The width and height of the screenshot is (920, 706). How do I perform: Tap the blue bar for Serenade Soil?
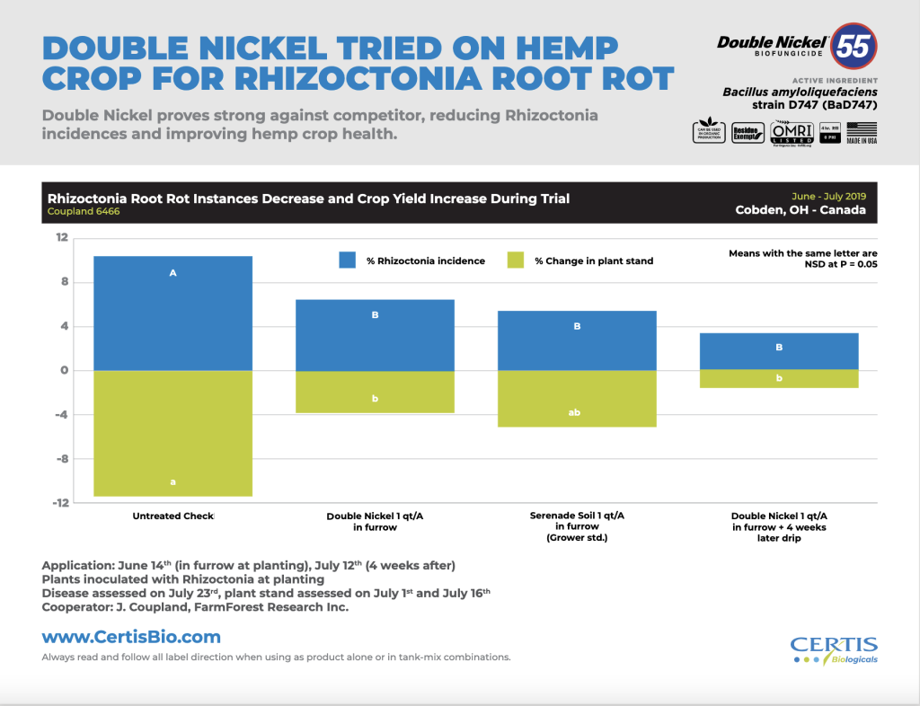coord(577,341)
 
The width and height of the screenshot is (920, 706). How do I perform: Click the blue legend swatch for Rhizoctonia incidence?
coord(349,260)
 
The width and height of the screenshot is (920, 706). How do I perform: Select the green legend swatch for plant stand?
coord(515,260)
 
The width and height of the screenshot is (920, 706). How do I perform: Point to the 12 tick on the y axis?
coord(62,238)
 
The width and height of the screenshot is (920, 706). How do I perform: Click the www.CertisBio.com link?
coord(131,638)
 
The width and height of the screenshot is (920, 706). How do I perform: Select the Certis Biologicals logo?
coord(833,649)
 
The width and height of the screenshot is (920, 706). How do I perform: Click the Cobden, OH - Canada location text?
coord(801,210)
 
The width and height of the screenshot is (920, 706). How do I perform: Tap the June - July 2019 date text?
coord(828,195)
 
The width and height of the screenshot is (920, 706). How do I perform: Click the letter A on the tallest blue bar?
coord(172,271)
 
